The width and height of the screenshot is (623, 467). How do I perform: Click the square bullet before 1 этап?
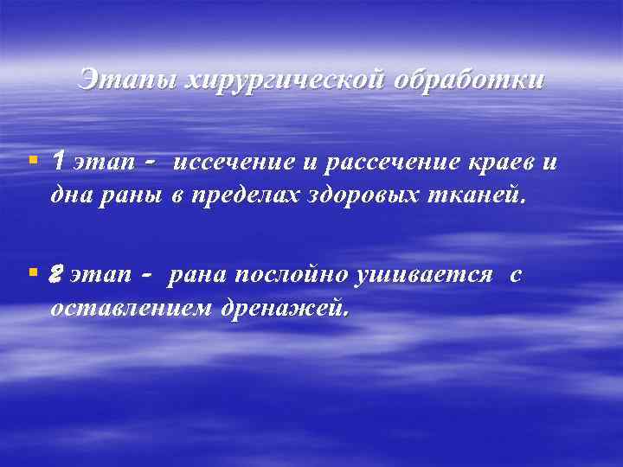click(32, 160)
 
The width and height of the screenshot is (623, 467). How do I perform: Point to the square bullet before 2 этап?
click(32, 272)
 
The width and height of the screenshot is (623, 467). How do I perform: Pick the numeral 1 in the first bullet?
click(58, 161)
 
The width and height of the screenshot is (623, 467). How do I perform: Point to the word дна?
click(68, 196)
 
